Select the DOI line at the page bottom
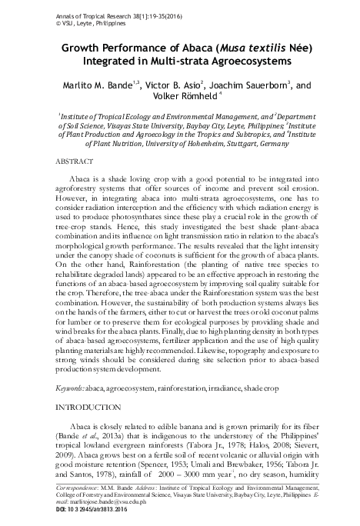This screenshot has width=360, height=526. (78, 509)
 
